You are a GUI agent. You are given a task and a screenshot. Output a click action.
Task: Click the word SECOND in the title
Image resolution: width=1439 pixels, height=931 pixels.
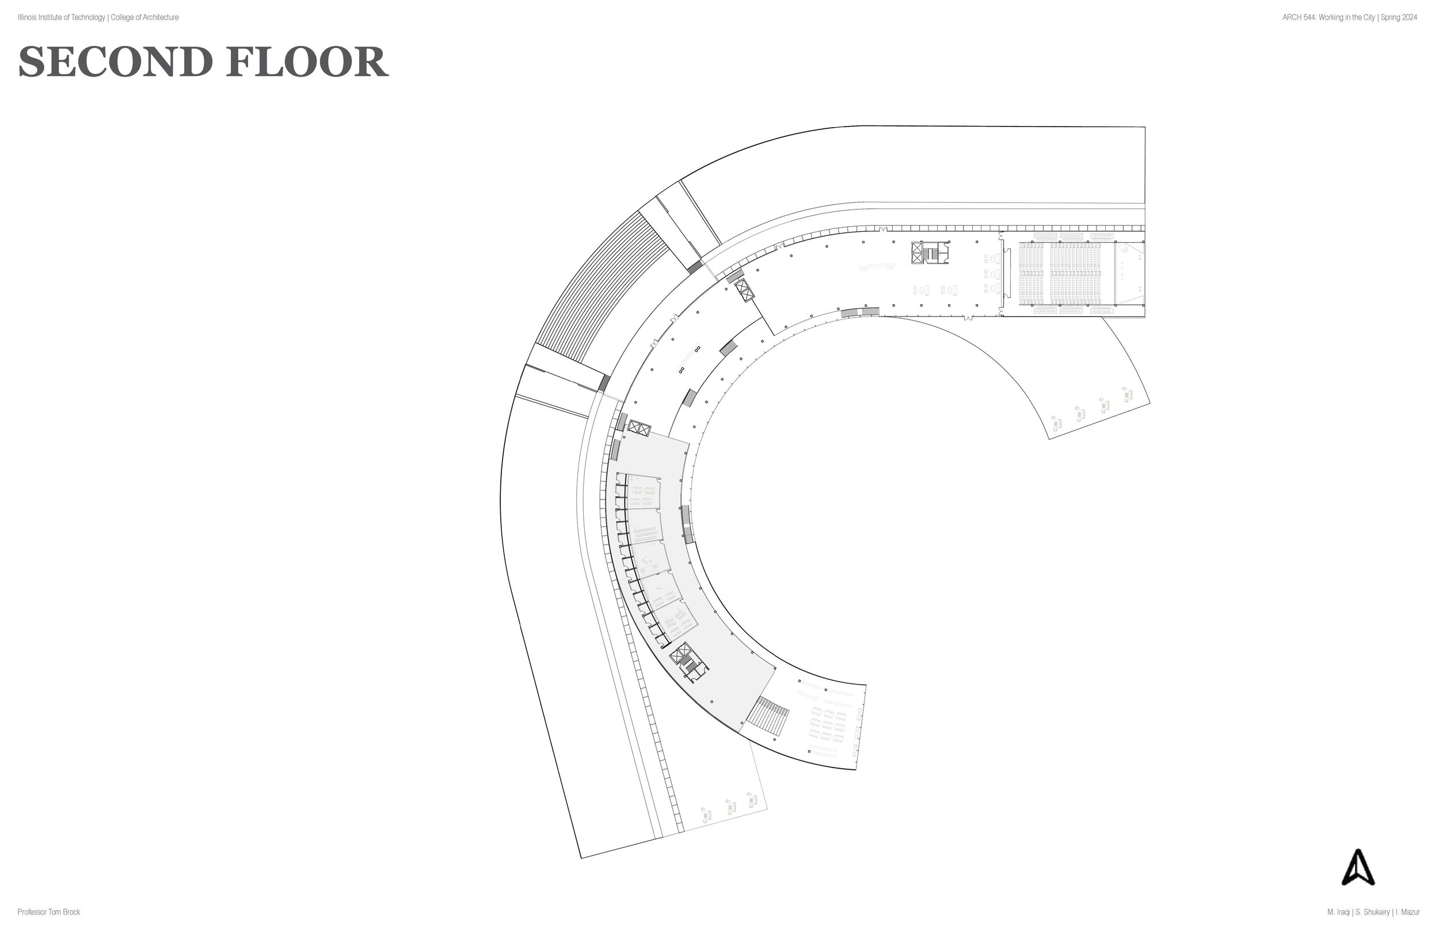116,62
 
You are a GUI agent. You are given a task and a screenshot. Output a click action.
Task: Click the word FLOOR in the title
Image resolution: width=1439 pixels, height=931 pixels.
307,62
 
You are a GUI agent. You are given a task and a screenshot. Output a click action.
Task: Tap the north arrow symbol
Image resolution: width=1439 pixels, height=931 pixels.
1358,868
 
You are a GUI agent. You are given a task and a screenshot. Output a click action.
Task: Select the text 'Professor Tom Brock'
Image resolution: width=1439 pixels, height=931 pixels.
48,912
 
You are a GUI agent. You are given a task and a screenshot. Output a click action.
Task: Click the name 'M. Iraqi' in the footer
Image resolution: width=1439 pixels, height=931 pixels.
1339,912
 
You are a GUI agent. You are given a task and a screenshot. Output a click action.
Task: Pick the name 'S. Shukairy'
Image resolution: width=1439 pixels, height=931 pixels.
1369,912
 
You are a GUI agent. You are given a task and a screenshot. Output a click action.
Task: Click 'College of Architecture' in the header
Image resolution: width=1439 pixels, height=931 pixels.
144,17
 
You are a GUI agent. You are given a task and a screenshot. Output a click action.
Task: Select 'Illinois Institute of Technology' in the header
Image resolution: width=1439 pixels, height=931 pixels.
61,17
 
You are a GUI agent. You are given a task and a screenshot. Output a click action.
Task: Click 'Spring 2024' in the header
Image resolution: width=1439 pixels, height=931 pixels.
1399,17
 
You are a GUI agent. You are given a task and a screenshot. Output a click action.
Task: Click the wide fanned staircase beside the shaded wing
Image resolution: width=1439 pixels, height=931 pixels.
768,717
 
